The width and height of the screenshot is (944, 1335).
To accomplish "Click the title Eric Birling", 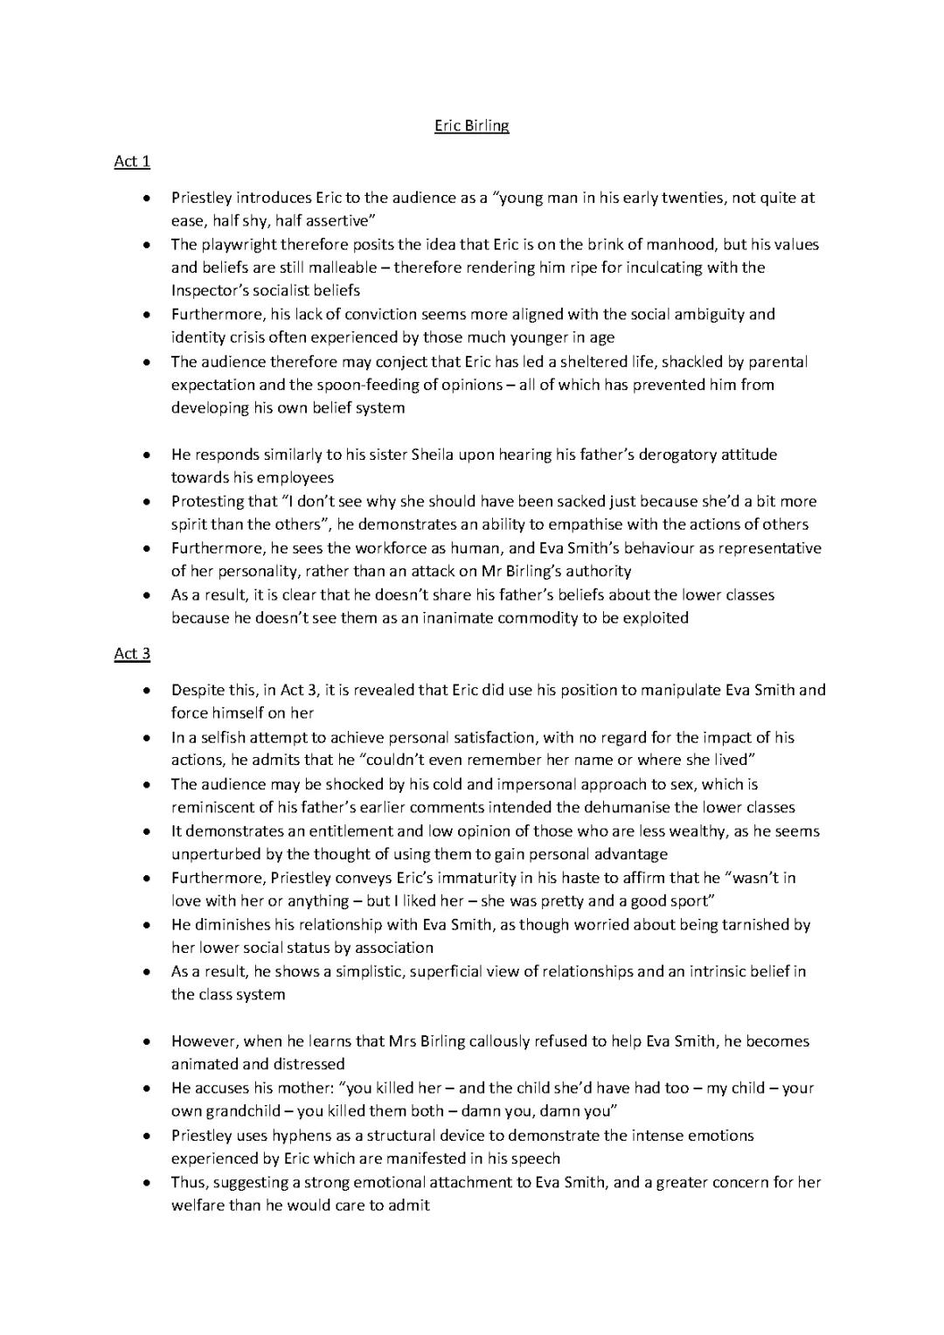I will coord(471,126).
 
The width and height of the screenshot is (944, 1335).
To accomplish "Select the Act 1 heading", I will coord(132,161).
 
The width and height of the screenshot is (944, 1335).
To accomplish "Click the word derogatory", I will coord(673,455).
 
